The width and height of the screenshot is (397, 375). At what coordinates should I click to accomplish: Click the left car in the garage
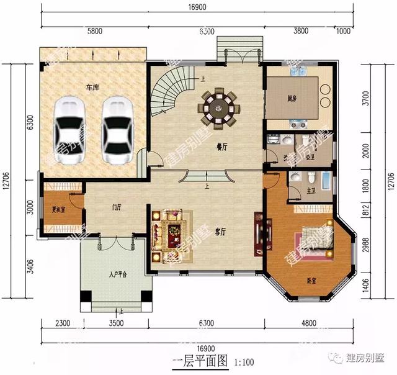pos(71,131)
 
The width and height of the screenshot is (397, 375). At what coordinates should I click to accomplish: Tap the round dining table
pos(218,107)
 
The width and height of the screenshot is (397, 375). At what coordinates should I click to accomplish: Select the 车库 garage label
pos(93,88)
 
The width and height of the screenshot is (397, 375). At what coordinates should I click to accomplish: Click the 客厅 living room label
pos(220,232)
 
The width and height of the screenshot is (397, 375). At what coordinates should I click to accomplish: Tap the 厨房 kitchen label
pos(292,98)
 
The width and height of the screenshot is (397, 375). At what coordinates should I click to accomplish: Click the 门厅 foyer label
pos(114,207)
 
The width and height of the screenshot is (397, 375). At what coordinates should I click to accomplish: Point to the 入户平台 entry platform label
pos(117,274)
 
